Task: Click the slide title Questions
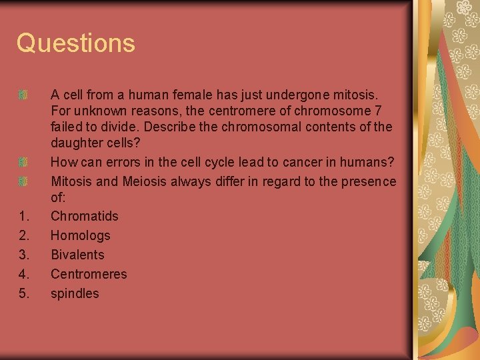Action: [x=76, y=43]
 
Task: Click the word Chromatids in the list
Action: [x=85, y=216]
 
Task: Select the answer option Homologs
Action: [x=81, y=235]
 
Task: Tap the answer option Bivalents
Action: [x=77, y=255]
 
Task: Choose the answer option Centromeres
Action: [x=89, y=274]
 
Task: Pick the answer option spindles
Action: [x=75, y=293]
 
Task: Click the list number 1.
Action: [x=23, y=216]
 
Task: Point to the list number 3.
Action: [x=23, y=255]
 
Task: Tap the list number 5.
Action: [x=23, y=293]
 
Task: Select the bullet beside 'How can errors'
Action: [x=23, y=162]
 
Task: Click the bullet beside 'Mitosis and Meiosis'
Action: [x=23, y=181]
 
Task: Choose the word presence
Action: [x=369, y=181]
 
